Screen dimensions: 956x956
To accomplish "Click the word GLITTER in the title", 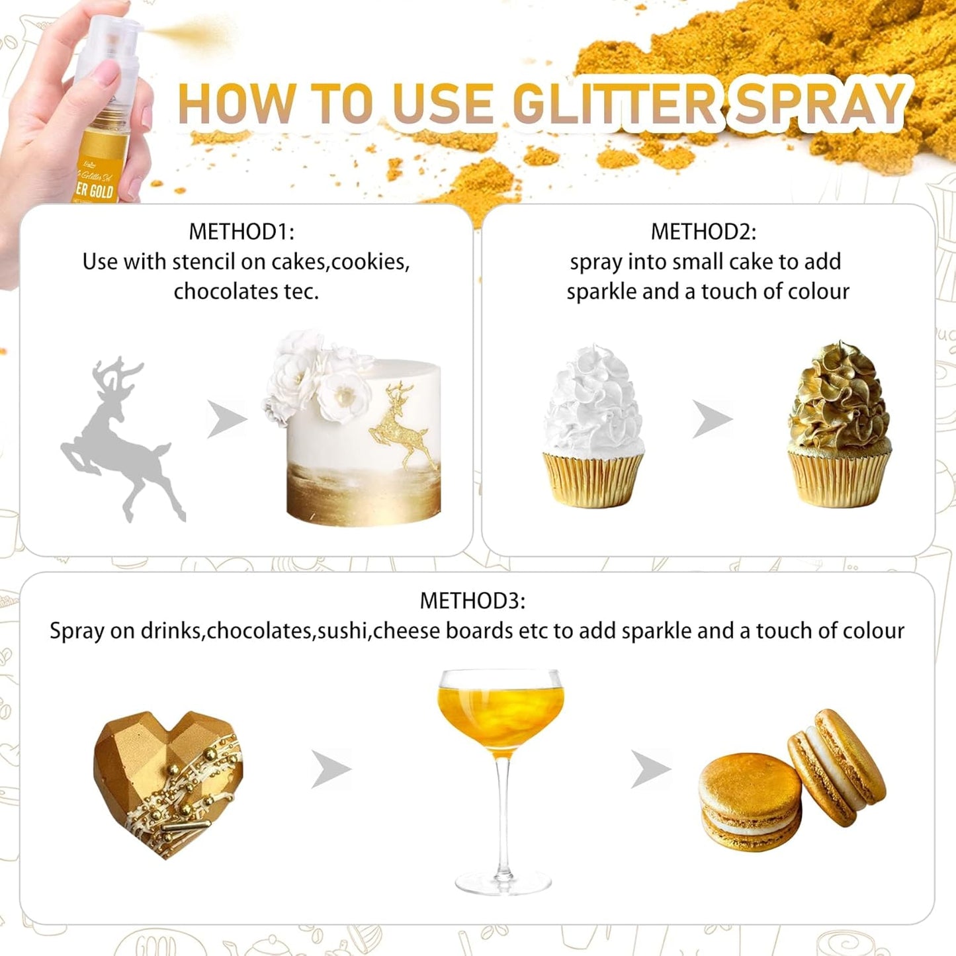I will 615,104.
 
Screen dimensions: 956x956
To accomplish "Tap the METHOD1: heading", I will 241,232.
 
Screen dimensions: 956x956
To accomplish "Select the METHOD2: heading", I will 703,232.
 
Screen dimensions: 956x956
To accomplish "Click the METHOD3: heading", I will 472,601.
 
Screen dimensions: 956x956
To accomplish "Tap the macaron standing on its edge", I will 837,767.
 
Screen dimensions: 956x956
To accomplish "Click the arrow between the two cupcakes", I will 713,419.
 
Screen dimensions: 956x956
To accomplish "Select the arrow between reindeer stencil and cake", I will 226,419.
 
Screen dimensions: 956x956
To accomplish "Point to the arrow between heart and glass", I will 331,769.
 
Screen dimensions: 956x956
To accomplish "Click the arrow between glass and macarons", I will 650,769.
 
